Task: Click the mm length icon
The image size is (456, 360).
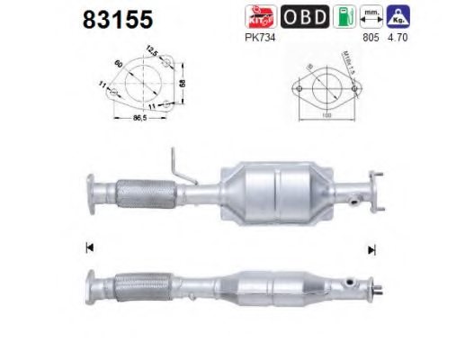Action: [x=371, y=16]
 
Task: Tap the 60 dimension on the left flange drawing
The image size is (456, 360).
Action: [x=120, y=65]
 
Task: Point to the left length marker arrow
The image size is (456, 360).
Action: [x=89, y=247]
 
